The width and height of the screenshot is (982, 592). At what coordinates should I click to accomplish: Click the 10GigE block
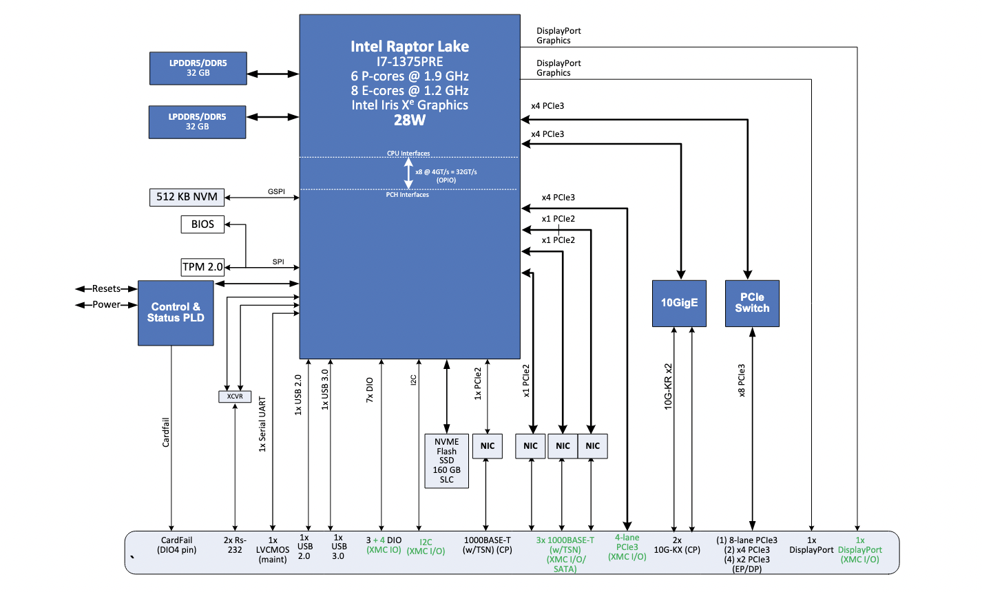coord(679,303)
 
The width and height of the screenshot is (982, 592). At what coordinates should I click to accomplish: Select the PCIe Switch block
coord(752,303)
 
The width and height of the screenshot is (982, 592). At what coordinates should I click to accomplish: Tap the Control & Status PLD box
coord(176,313)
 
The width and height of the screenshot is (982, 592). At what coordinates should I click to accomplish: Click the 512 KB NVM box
coord(187,197)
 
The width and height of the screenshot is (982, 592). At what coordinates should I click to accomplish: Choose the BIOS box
coord(202,224)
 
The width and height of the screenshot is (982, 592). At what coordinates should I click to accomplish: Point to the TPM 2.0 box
coord(202,267)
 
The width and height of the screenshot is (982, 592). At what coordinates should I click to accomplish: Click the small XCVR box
coord(235,397)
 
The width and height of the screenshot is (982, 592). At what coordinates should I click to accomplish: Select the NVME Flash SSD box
coord(447,461)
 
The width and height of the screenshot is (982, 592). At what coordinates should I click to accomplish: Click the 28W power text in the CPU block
coord(410,120)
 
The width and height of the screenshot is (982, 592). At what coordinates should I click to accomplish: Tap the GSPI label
coord(276,191)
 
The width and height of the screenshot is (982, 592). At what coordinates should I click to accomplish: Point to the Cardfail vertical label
coord(166,432)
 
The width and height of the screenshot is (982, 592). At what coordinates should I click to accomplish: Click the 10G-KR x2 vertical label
coord(668,387)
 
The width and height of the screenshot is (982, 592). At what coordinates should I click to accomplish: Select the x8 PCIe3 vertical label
coord(742,381)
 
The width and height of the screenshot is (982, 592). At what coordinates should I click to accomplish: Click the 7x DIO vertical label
coord(370,390)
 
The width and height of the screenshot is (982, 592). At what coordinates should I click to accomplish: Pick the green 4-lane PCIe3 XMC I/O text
coord(627,547)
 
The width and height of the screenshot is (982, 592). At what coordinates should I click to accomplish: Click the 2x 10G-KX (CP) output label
coord(677,545)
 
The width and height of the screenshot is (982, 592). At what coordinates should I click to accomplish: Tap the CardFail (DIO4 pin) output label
coord(177,545)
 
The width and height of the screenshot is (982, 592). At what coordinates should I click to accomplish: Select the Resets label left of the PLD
coord(107,289)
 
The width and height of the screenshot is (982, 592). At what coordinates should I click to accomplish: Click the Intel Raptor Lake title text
coord(410,47)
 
